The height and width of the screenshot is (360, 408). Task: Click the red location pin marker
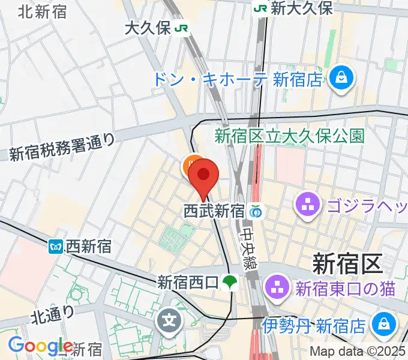point(203,175)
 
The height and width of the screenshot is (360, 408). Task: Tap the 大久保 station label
point(148,28)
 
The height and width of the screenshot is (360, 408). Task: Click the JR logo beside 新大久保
point(260,8)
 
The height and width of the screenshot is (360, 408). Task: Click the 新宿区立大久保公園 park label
point(289,136)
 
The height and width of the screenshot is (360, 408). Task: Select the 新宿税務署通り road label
point(62,146)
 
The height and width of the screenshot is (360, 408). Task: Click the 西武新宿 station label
point(214,211)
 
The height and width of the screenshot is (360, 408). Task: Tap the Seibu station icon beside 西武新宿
point(256,211)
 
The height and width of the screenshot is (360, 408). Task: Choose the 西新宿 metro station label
point(89,245)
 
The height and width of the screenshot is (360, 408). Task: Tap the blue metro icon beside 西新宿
point(56,245)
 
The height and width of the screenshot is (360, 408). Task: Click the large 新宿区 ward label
point(347,262)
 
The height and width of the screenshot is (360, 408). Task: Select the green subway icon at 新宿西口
point(229,281)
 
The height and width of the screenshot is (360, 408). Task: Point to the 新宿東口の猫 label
point(345,289)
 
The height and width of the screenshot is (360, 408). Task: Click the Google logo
point(40,346)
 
